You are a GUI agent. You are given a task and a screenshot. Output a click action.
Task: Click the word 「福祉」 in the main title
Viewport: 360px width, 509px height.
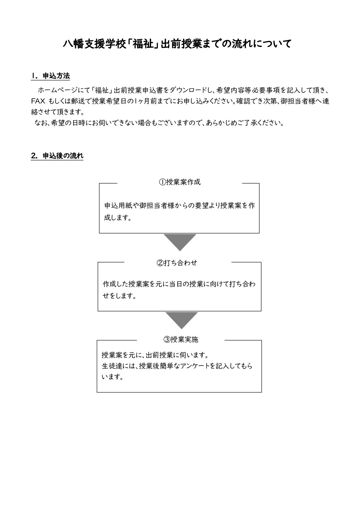tap(143, 44)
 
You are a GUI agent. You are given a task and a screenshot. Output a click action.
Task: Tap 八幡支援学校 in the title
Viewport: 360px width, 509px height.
tap(95, 44)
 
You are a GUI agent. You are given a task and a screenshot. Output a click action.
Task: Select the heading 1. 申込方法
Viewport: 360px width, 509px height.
tap(50, 76)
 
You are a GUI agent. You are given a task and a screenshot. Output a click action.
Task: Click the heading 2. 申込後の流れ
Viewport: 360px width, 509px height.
tap(57, 156)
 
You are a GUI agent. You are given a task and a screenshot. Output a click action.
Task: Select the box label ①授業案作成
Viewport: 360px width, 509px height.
tap(180, 182)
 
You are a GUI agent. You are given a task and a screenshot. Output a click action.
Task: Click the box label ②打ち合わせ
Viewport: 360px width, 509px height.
tap(177, 263)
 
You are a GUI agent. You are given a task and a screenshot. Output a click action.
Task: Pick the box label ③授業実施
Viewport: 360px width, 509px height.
tap(181, 339)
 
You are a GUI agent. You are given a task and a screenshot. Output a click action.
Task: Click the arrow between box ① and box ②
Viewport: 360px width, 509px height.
tap(180, 242)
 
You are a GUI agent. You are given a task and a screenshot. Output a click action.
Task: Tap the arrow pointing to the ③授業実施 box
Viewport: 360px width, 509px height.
tap(181, 320)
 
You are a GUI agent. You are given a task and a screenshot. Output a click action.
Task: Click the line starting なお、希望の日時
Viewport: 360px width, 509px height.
tap(159, 123)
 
